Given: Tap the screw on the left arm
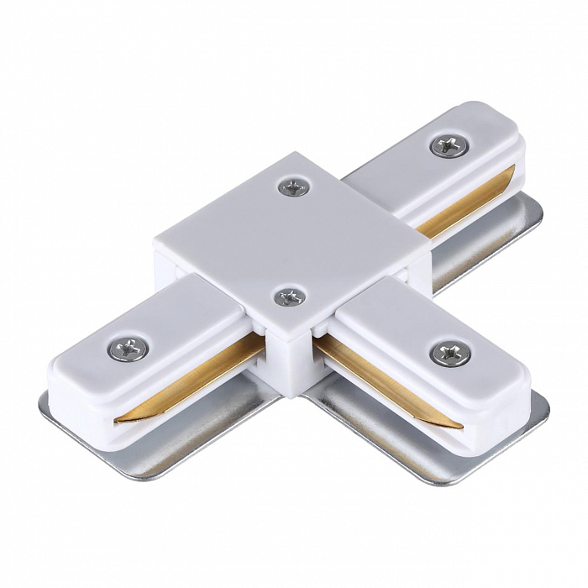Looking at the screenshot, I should pos(129,345).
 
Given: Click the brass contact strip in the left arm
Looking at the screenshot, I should pos(193,378).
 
